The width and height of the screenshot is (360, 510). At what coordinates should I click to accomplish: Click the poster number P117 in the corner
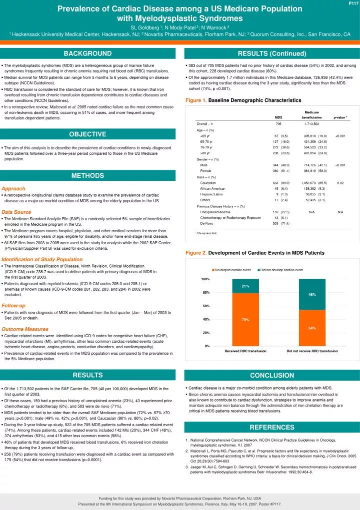click(x=352, y=4)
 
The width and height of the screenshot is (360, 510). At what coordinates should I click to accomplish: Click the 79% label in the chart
click(x=245, y=320)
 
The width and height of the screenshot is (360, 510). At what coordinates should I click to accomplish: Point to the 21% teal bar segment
click(x=245, y=286)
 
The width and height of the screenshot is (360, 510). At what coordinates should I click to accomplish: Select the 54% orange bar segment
click(x=311, y=328)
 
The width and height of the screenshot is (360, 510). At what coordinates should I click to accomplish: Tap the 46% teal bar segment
click(x=311, y=295)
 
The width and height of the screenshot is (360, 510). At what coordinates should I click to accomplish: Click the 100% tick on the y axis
click(x=205, y=279)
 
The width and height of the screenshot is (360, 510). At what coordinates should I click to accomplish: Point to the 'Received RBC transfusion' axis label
click(x=245, y=351)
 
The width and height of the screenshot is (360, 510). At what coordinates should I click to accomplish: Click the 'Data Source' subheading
click(x=16, y=212)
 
